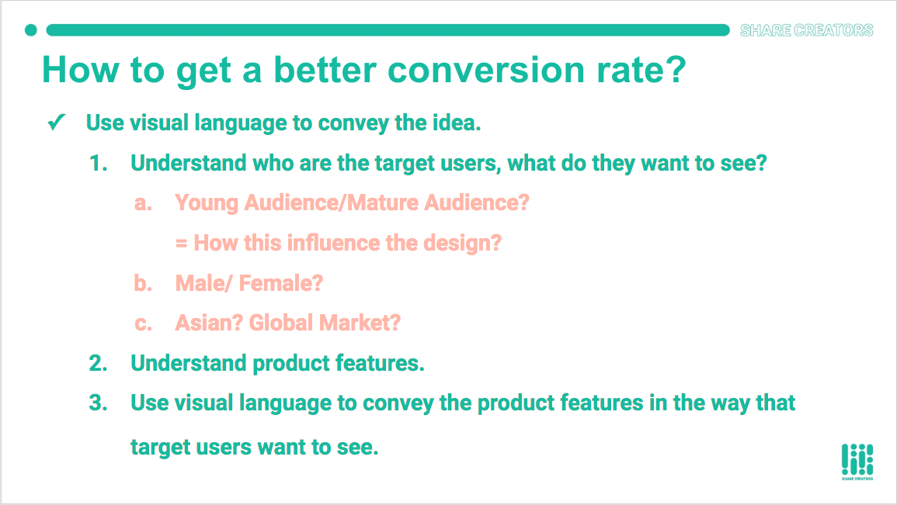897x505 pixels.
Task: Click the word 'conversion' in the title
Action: point(486,70)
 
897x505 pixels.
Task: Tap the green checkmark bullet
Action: point(57,122)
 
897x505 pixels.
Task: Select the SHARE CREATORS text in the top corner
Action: point(807,30)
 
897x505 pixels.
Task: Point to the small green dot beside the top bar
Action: point(31,30)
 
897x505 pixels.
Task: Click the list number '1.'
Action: point(99,164)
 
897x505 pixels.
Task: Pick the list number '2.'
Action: point(99,363)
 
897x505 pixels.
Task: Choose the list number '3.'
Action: point(99,403)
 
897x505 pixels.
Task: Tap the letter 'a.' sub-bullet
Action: point(143,203)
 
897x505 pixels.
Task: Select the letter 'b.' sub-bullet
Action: point(143,283)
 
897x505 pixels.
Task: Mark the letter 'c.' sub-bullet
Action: point(143,324)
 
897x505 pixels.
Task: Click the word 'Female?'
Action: point(281,283)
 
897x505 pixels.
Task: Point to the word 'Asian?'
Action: point(210,323)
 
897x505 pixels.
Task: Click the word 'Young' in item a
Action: point(207,203)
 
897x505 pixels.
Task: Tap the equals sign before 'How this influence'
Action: point(182,244)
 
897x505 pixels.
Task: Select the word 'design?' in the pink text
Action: point(461,244)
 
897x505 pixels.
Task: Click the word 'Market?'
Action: point(360,323)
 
